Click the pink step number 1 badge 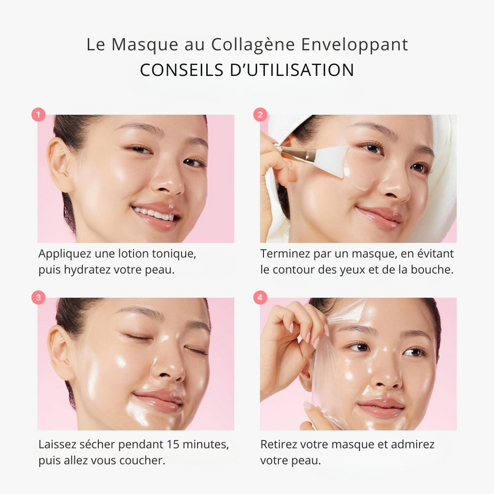(x=38, y=115)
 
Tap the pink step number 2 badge (x=260, y=115)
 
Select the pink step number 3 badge (x=38, y=298)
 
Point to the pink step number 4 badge (x=260, y=298)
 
